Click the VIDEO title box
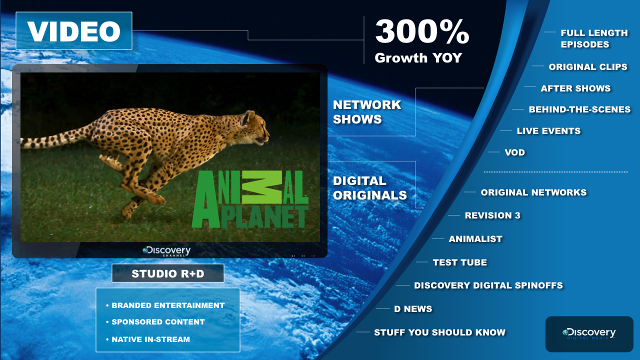(x=74, y=30)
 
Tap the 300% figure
(x=422, y=31)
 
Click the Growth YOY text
(x=418, y=57)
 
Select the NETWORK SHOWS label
(x=367, y=112)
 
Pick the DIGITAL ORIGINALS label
(x=369, y=188)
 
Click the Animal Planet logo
(x=250, y=199)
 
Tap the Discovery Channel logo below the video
(x=166, y=251)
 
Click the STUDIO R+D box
(x=168, y=273)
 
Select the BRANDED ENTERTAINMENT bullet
(x=165, y=305)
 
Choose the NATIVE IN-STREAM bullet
(x=148, y=339)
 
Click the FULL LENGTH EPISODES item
(x=594, y=38)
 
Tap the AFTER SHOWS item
(x=575, y=88)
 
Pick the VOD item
(x=515, y=152)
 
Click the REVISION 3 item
(x=492, y=215)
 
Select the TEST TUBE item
(x=459, y=262)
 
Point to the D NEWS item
(x=413, y=309)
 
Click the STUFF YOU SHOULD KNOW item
(x=439, y=332)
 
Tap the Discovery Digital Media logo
(x=589, y=333)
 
